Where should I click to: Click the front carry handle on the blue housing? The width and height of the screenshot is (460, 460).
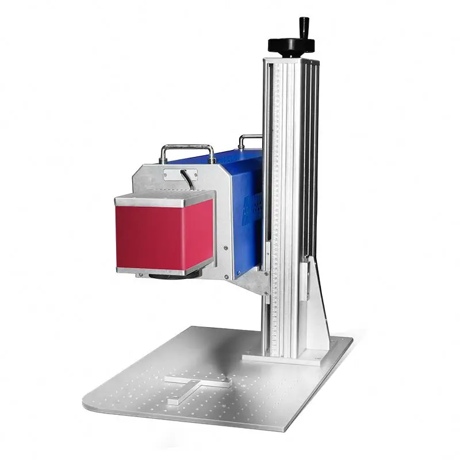tap(187, 151)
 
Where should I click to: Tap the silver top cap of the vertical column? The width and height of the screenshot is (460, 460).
tap(291, 60)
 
